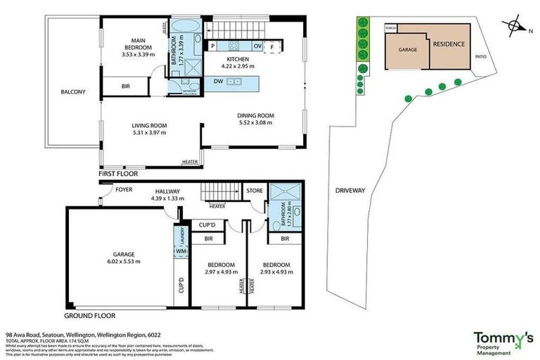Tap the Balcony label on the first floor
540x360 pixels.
(x=72, y=91)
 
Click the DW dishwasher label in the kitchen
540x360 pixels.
(x=219, y=82)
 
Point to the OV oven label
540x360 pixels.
(x=257, y=46)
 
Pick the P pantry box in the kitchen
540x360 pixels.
(x=212, y=46)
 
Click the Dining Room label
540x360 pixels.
(x=255, y=115)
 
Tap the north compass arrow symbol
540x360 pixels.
(x=517, y=27)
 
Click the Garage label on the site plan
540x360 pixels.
(x=409, y=50)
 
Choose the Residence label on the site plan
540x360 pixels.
(x=448, y=44)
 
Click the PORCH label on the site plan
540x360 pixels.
(x=391, y=28)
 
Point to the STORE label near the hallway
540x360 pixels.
(x=253, y=190)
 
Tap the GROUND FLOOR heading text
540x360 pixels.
(x=90, y=316)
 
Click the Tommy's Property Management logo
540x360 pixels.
(x=502, y=341)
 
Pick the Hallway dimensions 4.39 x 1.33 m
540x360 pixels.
(x=167, y=198)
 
